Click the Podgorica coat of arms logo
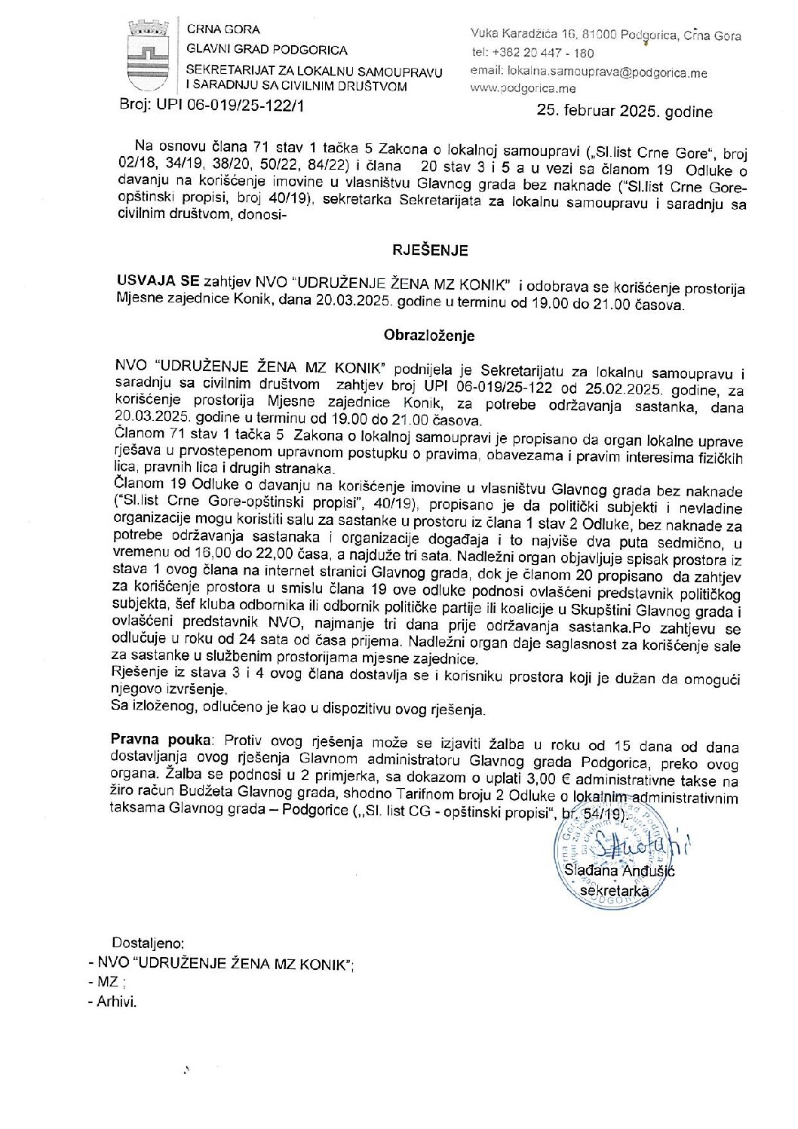(148, 57)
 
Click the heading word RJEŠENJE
(430, 250)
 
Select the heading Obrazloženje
(429, 335)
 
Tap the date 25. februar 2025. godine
(624, 111)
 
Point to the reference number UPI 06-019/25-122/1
(230, 106)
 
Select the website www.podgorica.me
(523, 88)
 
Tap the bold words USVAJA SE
(158, 281)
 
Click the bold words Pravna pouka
(161, 740)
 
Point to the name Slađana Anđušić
(619, 870)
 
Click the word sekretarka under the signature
(614, 891)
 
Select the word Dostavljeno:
(148, 943)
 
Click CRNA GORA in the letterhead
(223, 29)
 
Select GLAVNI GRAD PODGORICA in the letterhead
(267, 50)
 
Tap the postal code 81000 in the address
(596, 34)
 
